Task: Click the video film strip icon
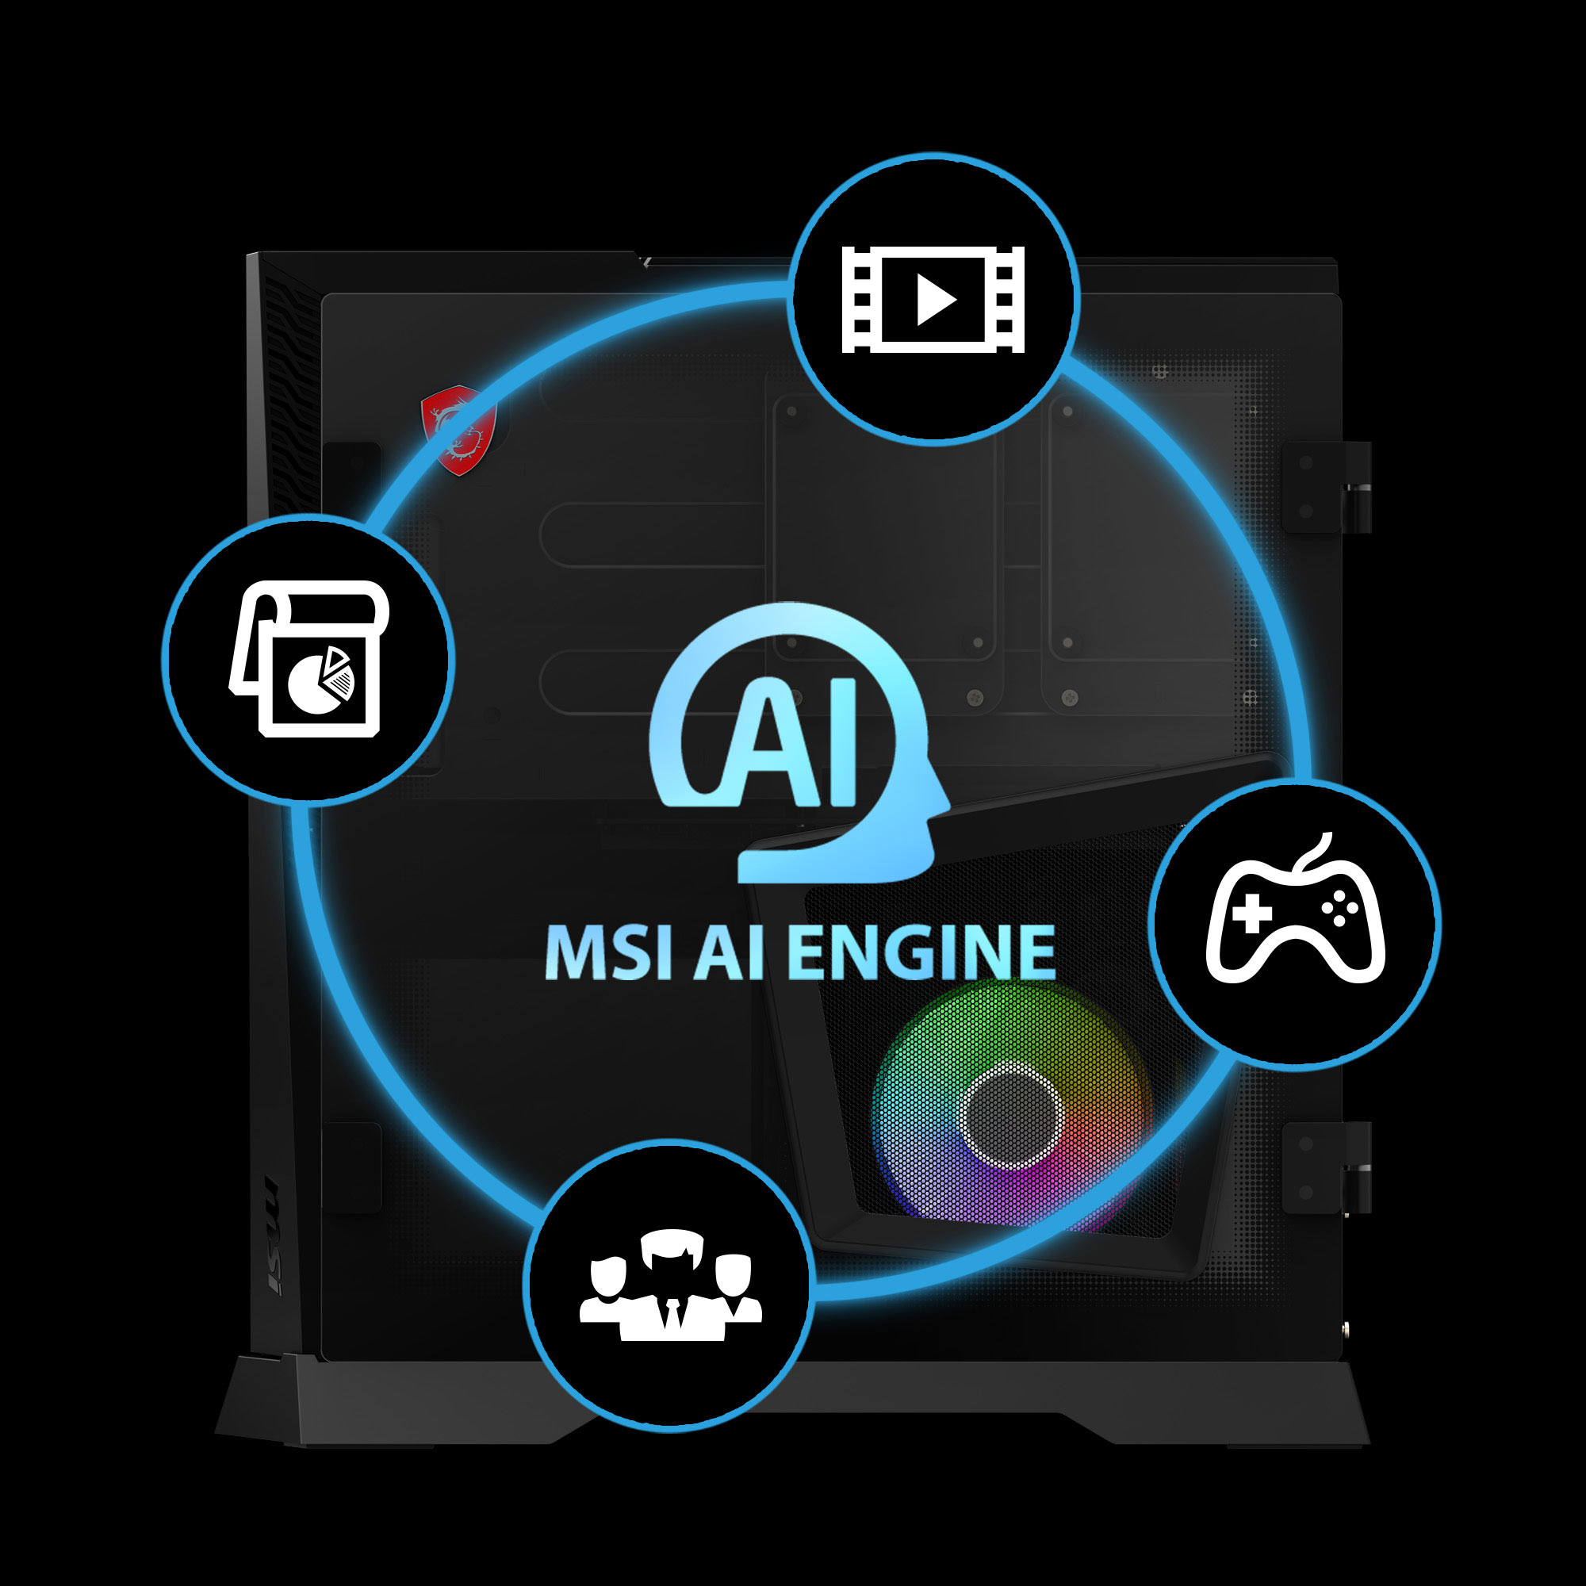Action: coord(933,300)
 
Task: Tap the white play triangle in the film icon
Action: coord(935,300)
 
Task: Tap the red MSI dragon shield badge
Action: coord(459,429)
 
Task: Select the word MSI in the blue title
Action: coord(609,952)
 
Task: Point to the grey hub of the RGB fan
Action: coord(1011,1114)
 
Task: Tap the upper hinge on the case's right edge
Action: coord(1326,488)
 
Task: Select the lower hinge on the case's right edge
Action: coord(1326,1167)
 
